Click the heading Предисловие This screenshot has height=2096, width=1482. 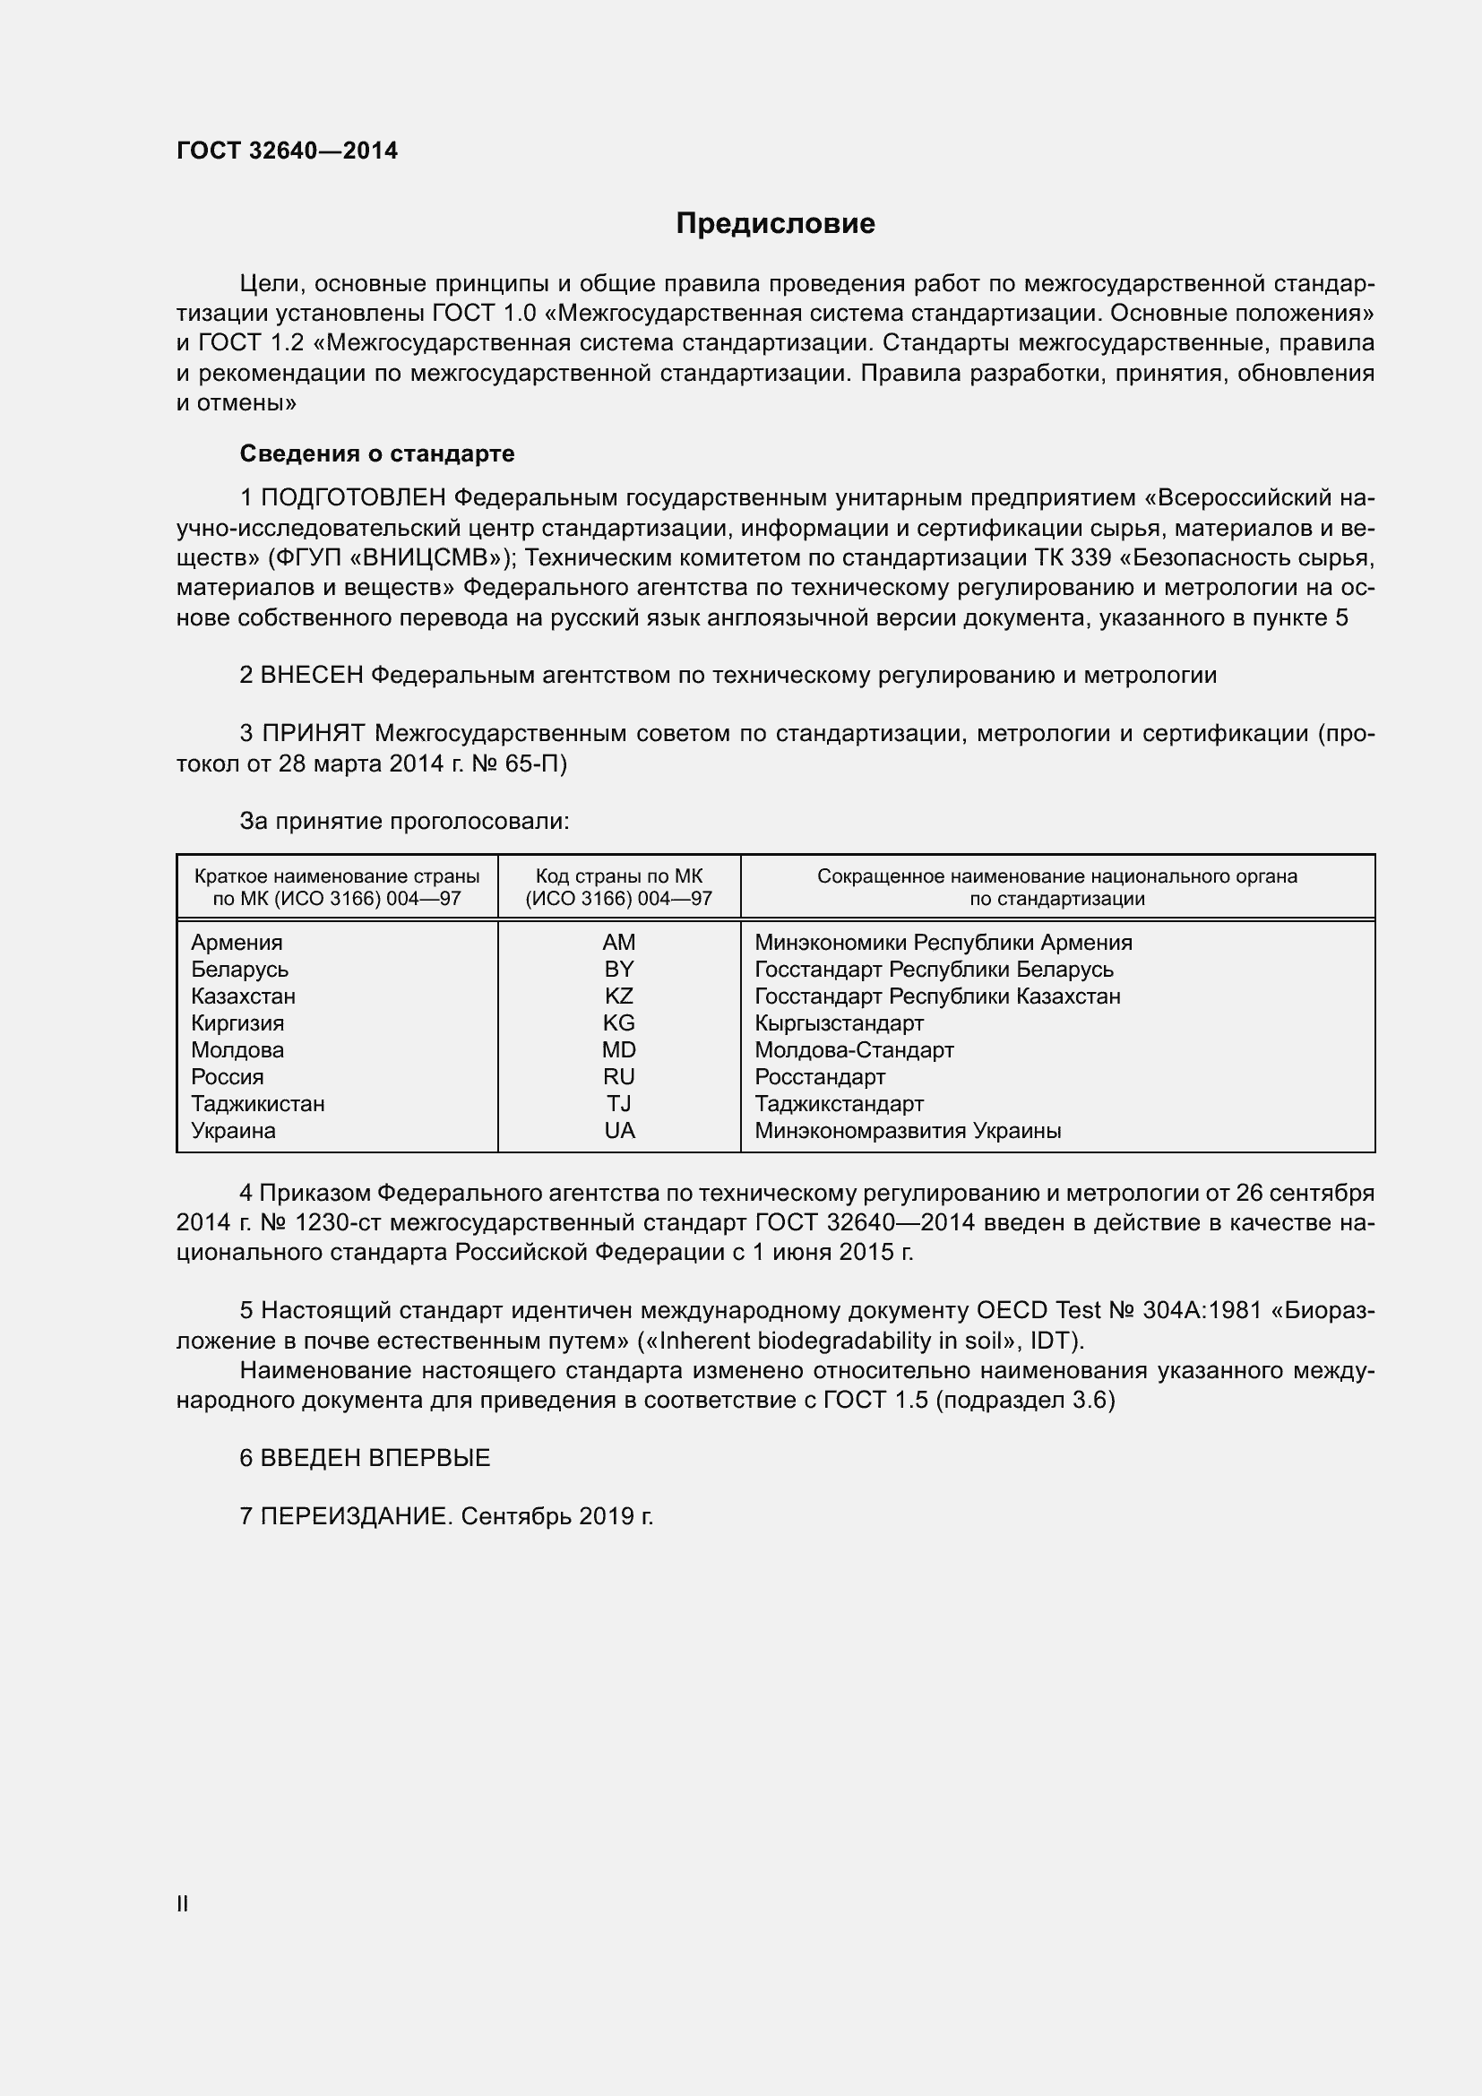775,224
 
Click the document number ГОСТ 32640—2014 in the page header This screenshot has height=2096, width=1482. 287,151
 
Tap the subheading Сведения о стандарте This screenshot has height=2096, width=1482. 377,453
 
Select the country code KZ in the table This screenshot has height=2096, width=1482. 619,996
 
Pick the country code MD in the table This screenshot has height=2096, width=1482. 619,1050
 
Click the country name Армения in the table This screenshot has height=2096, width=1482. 237,942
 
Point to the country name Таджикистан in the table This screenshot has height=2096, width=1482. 257,1104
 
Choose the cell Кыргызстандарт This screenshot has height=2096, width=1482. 839,1023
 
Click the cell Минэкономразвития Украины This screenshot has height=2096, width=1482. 907,1131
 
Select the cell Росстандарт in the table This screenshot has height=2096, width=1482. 820,1077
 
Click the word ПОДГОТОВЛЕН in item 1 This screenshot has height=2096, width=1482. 353,498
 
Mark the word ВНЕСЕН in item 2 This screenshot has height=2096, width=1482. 312,676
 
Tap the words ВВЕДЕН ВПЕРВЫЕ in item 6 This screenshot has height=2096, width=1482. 375,1458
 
